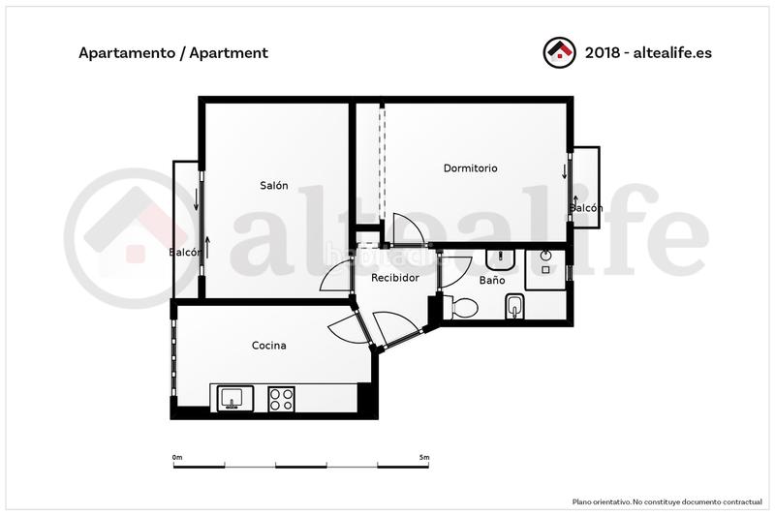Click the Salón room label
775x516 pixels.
[273, 186]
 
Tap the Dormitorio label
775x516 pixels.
[470, 168]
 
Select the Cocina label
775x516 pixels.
[268, 346]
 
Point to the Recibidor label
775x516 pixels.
[395, 278]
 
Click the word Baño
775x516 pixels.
[492, 281]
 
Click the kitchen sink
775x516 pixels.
[232, 397]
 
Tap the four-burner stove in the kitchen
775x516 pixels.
[281, 398]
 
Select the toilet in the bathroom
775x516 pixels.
[461, 308]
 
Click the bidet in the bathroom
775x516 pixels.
[514, 307]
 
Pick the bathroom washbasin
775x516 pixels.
[500, 258]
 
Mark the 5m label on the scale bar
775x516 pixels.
[424, 457]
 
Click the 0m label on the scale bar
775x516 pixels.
[176, 457]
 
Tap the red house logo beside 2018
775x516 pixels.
[559, 52]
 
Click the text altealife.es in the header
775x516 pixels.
[671, 53]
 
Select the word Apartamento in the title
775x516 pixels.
[124, 53]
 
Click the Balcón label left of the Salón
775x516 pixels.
[185, 253]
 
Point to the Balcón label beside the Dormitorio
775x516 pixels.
[586, 208]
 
